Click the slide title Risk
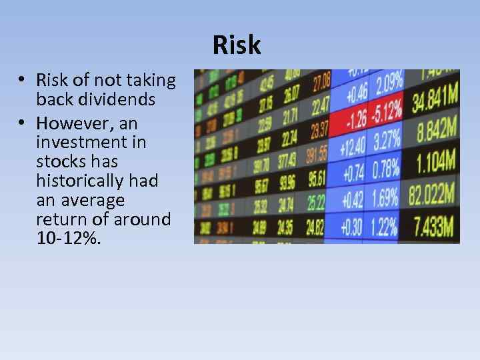(237, 45)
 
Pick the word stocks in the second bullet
(59, 161)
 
